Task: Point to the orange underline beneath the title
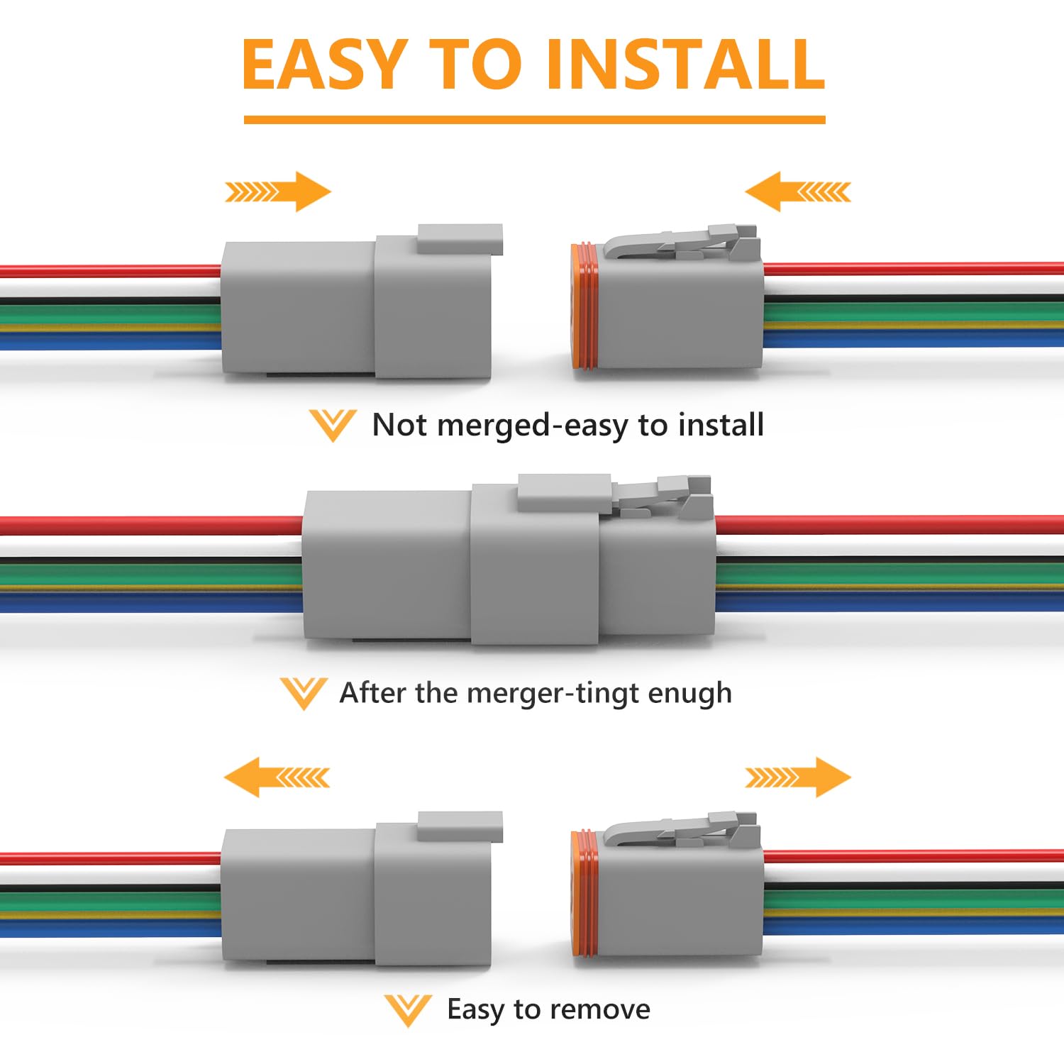pos(534,120)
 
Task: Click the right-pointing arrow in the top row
pos(278,192)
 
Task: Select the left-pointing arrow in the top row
pos(797,192)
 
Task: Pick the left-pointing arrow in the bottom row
pos(277,777)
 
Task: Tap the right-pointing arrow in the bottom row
pos(798,777)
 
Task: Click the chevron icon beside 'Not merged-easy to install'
pos(332,425)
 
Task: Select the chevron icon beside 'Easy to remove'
pos(407,1009)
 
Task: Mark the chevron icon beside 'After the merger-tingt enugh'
pos(303,693)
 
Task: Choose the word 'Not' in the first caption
pos(400,425)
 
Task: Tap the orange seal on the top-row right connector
pos(584,306)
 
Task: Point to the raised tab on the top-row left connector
pos(460,239)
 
